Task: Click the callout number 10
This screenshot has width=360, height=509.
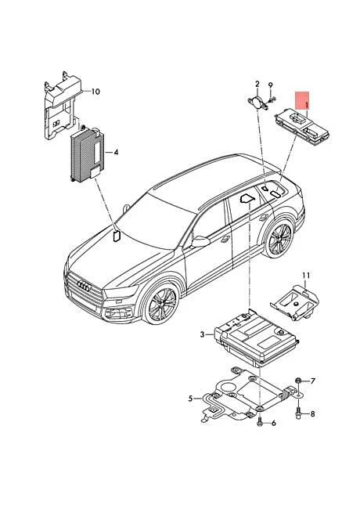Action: (95, 92)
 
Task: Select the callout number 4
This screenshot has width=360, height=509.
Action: (116, 152)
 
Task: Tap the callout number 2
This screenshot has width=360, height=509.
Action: (256, 84)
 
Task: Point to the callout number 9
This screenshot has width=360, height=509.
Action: (270, 85)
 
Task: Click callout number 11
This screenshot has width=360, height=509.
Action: (307, 275)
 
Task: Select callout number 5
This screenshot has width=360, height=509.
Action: (190, 399)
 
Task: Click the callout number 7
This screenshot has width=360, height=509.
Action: (312, 381)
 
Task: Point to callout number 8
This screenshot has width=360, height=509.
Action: (312, 413)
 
